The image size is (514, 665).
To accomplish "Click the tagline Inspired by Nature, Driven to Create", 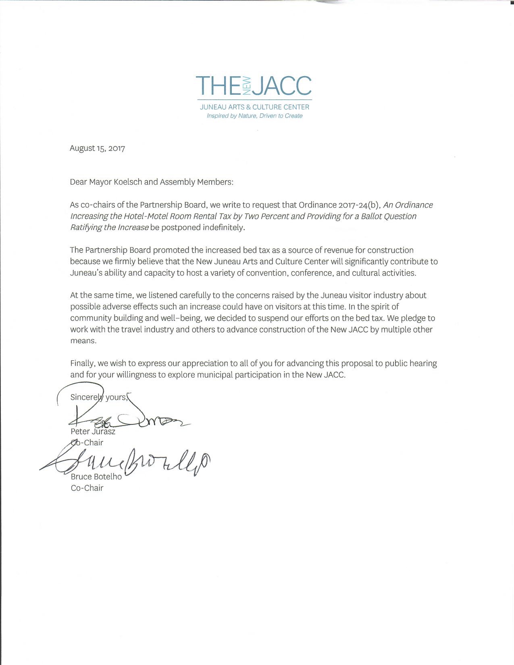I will [254, 116].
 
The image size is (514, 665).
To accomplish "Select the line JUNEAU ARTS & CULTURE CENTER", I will [254, 107].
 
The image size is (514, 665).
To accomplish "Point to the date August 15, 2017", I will [97, 148].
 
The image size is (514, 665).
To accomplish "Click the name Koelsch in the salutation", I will [128, 182].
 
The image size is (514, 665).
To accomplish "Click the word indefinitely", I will [223, 227].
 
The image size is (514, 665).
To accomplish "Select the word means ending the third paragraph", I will [83, 341].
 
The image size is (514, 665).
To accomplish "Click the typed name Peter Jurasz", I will [93, 431].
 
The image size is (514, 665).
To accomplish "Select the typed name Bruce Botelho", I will [96, 476].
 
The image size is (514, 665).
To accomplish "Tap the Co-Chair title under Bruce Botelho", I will [87, 488].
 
